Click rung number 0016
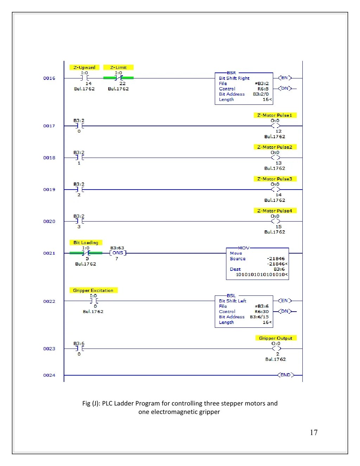[x=49, y=78]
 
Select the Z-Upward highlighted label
[x=84, y=68]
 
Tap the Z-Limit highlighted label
[x=118, y=68]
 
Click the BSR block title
[x=231, y=73]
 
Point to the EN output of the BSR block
[x=285, y=78]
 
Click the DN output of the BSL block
[x=285, y=311]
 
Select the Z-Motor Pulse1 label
[x=275, y=115]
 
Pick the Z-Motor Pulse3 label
[x=275, y=179]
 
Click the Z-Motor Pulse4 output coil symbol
[x=276, y=222]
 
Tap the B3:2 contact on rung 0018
[x=79, y=158]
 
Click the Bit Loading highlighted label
[x=86, y=243]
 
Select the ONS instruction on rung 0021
[x=118, y=253]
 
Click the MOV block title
[x=244, y=248]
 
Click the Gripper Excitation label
[x=93, y=291]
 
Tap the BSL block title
[x=231, y=296]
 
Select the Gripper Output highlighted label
[x=276, y=338]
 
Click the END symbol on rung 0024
[x=285, y=375]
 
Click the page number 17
[x=314, y=433]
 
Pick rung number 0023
[x=49, y=349]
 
